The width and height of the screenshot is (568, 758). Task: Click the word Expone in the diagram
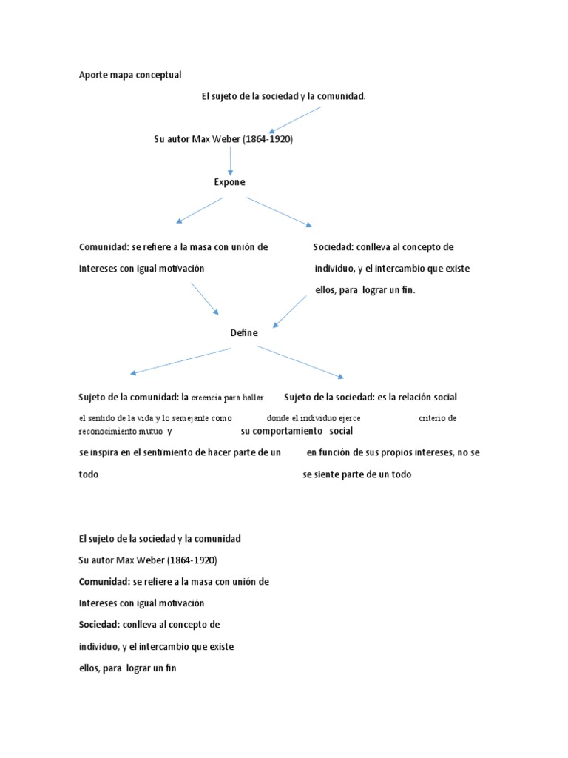(x=229, y=182)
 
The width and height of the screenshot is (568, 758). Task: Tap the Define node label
(x=244, y=333)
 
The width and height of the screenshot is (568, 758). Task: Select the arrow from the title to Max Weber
(x=294, y=120)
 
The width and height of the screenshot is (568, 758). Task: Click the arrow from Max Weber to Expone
(x=231, y=161)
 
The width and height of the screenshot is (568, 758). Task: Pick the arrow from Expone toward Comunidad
(x=199, y=209)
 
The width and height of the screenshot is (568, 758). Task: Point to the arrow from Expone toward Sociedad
(x=280, y=212)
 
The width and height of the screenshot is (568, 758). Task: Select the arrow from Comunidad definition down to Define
(x=205, y=298)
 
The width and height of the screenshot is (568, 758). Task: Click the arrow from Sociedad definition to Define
(x=290, y=311)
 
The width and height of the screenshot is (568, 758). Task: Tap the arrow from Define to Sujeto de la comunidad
(x=180, y=361)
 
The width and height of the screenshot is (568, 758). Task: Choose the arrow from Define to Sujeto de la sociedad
(x=300, y=362)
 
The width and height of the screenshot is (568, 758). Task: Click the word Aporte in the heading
(x=93, y=75)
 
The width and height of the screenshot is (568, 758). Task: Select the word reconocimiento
(x=109, y=431)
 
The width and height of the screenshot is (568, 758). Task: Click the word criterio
(x=433, y=418)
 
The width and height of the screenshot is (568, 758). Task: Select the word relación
(x=415, y=398)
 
